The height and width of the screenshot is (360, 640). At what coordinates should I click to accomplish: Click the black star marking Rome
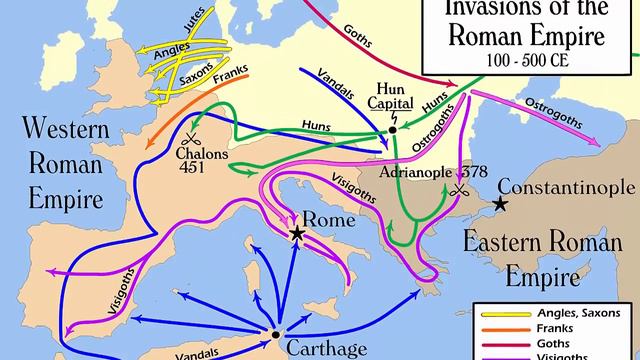click(x=297, y=233)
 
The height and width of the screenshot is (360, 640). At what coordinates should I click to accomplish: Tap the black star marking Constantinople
click(x=499, y=204)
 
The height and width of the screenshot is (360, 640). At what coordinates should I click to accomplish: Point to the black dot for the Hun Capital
click(x=393, y=129)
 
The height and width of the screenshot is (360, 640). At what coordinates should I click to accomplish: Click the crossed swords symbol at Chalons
click(x=187, y=139)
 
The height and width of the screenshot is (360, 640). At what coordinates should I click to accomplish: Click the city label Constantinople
click(x=566, y=187)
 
